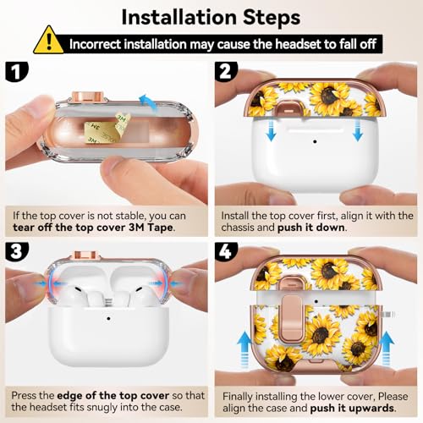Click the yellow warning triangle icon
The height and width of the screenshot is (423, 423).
(48, 41)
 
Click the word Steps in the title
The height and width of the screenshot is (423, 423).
(272, 18)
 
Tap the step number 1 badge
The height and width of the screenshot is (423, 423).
(16, 72)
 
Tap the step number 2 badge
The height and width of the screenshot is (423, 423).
(226, 72)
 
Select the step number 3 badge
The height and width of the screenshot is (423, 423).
(16, 251)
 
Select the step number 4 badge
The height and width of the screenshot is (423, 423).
(226, 251)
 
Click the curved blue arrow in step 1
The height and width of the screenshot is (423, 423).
(149, 104)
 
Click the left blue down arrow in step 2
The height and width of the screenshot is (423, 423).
(271, 129)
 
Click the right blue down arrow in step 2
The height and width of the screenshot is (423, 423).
(358, 129)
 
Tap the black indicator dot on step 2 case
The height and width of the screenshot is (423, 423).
(315, 141)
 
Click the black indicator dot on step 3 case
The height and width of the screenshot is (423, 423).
(108, 318)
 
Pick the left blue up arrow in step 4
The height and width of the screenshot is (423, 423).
(244, 349)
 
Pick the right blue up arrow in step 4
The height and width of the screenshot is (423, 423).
(387, 349)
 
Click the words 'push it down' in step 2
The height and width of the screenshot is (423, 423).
(311, 228)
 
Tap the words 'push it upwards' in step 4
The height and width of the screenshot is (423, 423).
(352, 408)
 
